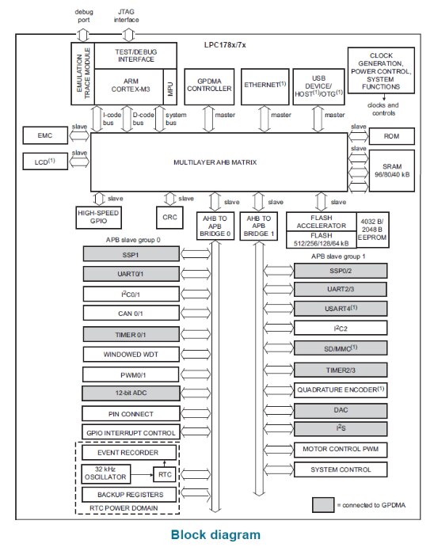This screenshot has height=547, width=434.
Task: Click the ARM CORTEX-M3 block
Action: [x=129, y=86]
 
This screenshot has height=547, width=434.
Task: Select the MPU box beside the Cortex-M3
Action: [x=170, y=86]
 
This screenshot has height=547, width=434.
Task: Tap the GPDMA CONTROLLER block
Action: [x=209, y=86]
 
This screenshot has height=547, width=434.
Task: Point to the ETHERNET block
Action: [x=265, y=86]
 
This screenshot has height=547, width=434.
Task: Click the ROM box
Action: [x=392, y=136]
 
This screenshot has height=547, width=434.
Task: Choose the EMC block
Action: [x=45, y=135]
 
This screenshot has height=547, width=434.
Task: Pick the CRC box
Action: [x=169, y=218]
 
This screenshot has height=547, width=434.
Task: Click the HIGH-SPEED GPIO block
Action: [x=98, y=218]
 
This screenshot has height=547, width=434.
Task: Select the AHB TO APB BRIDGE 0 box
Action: [x=215, y=226]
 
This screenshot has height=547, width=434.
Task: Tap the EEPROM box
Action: [x=372, y=230]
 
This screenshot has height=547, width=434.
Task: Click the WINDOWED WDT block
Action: [x=131, y=355]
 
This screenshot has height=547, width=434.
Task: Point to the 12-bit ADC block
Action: [x=131, y=393]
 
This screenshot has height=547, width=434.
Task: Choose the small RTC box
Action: [x=165, y=474]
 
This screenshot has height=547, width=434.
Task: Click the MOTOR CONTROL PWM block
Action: [x=341, y=450]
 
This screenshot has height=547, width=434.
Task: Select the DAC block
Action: [x=341, y=410]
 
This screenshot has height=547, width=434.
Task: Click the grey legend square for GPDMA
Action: [x=323, y=505]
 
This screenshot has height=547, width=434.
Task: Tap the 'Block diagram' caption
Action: [x=215, y=535]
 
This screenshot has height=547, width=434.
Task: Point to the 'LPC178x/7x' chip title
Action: [x=225, y=45]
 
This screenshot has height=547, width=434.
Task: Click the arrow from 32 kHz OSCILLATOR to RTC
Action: [x=142, y=474]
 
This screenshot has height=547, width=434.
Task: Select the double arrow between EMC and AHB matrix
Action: [x=79, y=135]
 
